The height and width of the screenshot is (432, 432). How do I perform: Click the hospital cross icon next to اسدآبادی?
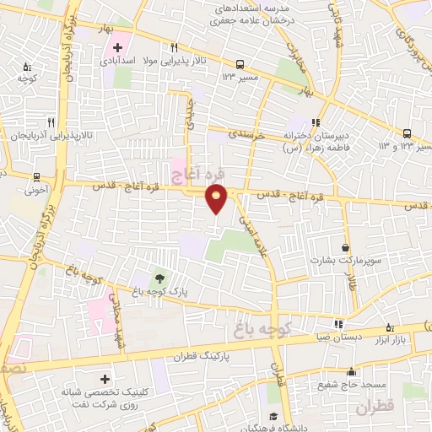117,46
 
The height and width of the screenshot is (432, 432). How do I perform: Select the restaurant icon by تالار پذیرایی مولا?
174,47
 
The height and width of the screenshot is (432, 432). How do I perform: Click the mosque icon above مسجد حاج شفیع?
354,371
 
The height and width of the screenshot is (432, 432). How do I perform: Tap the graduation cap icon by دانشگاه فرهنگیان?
272,417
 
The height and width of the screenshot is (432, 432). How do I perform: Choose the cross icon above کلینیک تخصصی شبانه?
105,381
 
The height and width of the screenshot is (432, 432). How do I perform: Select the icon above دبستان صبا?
338,323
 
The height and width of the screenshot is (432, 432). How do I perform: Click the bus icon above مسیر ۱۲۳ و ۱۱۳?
408,133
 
